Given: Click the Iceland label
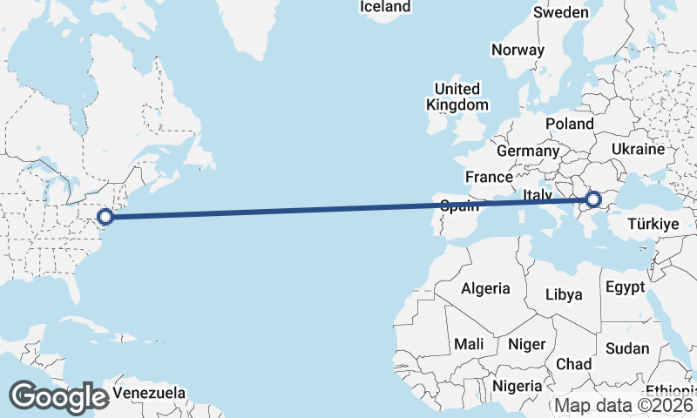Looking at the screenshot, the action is [385, 7].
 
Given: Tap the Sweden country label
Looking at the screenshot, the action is [561, 13].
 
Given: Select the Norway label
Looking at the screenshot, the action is [518, 50].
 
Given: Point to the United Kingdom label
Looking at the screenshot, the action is [457, 97].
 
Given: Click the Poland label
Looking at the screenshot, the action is [569, 125].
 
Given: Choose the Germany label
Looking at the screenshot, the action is [527, 152].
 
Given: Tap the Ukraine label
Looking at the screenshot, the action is [638, 150].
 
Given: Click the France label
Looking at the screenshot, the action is [489, 177].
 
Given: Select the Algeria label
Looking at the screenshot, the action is [485, 288].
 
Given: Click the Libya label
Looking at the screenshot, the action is [563, 295].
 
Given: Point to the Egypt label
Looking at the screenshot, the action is [625, 287].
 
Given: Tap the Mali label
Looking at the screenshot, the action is [469, 344].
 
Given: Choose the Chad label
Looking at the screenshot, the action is [573, 363].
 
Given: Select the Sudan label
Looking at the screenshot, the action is [627, 348].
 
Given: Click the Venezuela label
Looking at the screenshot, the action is [149, 394].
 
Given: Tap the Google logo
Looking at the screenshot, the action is [58, 396].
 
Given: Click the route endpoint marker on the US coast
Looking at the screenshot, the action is [105, 217].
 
